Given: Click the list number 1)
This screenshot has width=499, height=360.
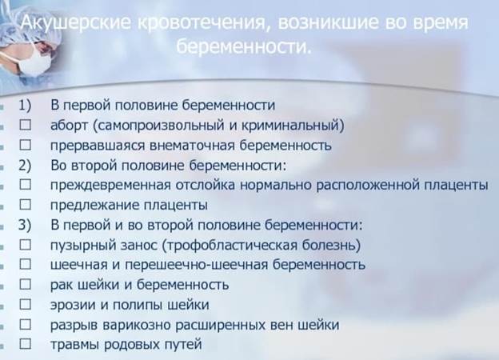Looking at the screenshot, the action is tap(25, 106).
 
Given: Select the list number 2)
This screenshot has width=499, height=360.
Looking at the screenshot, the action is tap(25, 166).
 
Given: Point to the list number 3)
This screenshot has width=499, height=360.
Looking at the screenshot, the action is tap(25, 225).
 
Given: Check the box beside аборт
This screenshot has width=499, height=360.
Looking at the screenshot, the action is tap(26, 125).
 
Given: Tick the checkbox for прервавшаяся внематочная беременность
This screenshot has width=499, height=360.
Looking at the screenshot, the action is tap(26, 145).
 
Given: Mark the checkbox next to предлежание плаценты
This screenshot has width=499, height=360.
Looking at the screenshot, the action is tap(26, 205).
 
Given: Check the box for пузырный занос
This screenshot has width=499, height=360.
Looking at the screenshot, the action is tap(26, 245).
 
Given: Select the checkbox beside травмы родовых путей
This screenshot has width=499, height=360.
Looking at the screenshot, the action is tap(26, 344).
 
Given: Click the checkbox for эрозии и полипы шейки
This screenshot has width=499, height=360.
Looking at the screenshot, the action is tap(26, 304).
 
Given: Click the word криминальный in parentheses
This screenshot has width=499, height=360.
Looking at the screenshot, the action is tap(290, 126).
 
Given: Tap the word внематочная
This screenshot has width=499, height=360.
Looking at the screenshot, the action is tap(192, 146).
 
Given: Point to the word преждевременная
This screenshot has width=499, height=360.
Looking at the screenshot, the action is tap(110, 186).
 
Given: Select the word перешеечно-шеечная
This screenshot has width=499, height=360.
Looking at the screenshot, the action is tap(197, 266).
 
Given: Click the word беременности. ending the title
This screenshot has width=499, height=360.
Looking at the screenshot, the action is tap(243, 46).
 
